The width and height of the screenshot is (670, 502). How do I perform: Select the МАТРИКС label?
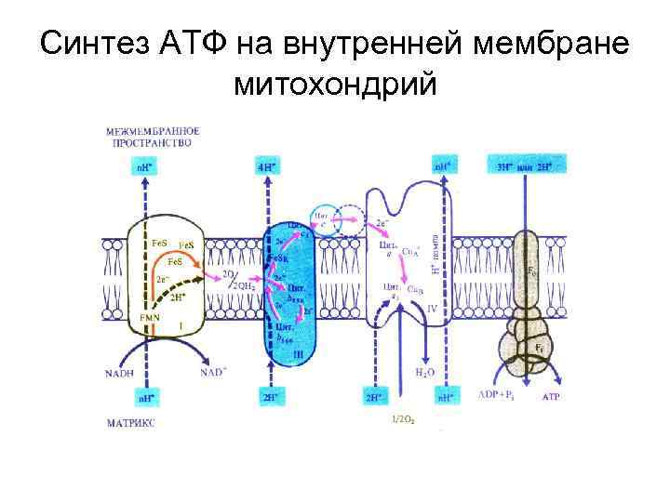(131, 423)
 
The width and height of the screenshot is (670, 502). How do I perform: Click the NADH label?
(120, 374)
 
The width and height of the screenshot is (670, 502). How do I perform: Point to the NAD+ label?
(213, 374)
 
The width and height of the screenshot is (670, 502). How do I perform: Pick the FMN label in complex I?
(150, 318)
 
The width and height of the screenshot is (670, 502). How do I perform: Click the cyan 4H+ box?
(266, 168)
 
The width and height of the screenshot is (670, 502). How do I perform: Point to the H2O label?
(423, 372)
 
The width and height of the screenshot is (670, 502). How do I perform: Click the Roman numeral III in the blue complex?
(294, 353)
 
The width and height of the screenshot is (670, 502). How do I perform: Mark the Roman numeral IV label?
(430, 306)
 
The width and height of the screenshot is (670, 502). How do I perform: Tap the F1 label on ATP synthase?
(538, 348)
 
